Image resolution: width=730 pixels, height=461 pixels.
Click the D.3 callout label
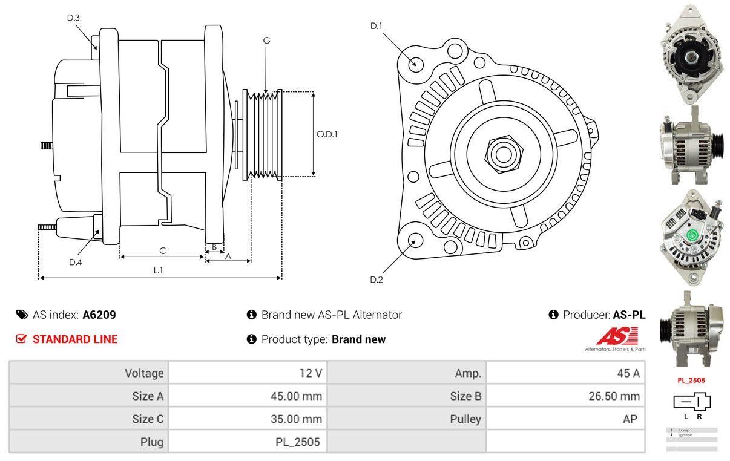click(73, 18)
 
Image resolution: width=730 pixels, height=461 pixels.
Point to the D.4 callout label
click(75, 262)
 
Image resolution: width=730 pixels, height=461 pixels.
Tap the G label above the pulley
click(266, 41)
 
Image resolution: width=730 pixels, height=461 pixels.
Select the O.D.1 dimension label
click(327, 134)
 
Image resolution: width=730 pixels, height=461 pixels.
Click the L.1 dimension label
click(158, 270)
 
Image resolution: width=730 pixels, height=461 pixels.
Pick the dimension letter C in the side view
click(162, 250)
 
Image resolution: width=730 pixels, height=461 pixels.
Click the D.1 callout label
click(377, 26)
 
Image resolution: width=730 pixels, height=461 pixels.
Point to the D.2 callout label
click(377, 280)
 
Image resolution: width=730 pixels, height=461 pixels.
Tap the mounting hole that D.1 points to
click(415, 63)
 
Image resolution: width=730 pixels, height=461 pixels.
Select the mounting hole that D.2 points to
click(415, 240)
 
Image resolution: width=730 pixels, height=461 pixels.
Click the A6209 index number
click(99, 315)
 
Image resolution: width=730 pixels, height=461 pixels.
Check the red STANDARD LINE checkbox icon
click(21, 339)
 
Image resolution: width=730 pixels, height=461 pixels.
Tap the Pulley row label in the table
click(465, 419)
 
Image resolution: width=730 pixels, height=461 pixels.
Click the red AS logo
click(617, 336)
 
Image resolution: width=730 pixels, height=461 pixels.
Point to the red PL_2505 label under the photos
click(691, 381)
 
